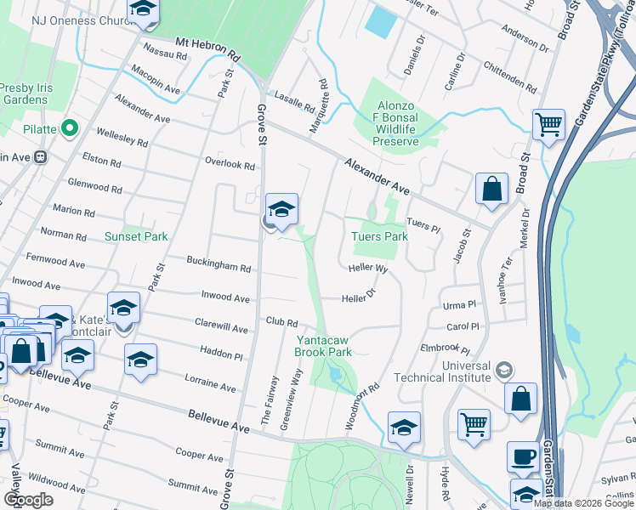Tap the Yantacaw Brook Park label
click(323, 345)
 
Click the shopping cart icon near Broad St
click(548, 125)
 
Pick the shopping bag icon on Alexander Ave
click(491, 189)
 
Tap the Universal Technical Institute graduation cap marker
click(504, 370)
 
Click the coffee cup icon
click(523, 456)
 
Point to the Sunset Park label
click(136, 236)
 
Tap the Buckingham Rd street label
click(220, 267)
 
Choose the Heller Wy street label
click(367, 269)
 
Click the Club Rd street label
click(281, 323)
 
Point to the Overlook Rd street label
click(230, 163)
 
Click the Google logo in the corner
click(28, 499)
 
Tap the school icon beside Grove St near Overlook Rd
click(281, 209)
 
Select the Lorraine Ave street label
click(208, 381)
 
